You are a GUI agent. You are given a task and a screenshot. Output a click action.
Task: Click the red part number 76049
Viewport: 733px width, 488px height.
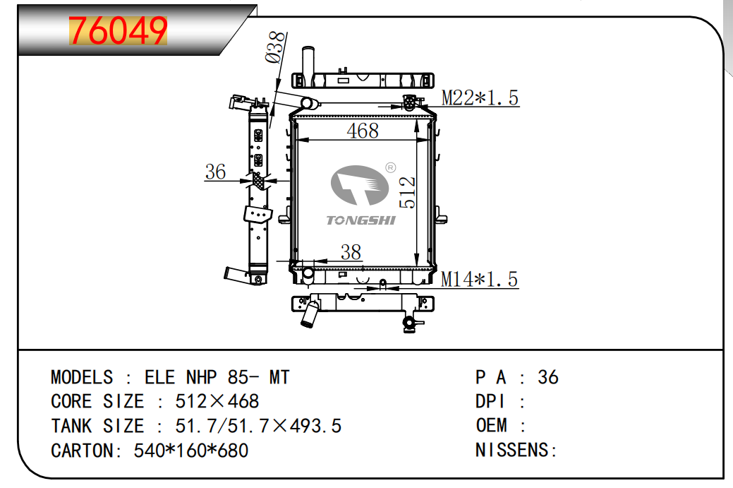[x=118, y=30]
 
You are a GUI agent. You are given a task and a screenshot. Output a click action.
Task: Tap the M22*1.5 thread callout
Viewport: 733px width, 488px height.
[x=480, y=98]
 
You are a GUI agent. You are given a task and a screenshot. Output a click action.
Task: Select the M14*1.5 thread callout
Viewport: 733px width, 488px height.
[x=479, y=280]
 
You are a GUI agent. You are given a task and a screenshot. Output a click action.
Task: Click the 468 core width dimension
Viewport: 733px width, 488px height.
[x=363, y=131]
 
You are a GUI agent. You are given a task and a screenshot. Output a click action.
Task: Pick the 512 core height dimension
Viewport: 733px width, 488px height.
[x=408, y=192]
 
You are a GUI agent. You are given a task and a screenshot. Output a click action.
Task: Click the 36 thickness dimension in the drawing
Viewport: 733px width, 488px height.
[x=215, y=172]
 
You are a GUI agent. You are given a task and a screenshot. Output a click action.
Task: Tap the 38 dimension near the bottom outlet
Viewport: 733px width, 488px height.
[x=351, y=252]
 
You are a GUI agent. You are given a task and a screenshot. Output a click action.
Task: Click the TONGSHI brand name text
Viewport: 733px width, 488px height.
[x=361, y=220]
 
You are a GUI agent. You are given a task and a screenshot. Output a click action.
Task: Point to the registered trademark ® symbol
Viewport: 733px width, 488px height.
[x=389, y=167]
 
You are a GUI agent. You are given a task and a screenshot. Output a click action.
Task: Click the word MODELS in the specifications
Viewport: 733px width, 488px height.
[x=81, y=377]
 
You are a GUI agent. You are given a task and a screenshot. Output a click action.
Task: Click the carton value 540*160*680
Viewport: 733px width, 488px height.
[x=190, y=450]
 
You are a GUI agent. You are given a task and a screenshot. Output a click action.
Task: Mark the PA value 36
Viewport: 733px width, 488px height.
[x=547, y=377]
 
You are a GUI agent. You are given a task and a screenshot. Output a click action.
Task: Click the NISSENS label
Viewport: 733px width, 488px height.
[x=516, y=450]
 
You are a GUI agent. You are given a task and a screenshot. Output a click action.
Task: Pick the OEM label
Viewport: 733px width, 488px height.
[x=491, y=426]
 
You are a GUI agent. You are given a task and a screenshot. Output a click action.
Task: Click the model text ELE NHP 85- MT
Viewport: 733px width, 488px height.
[x=217, y=377]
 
